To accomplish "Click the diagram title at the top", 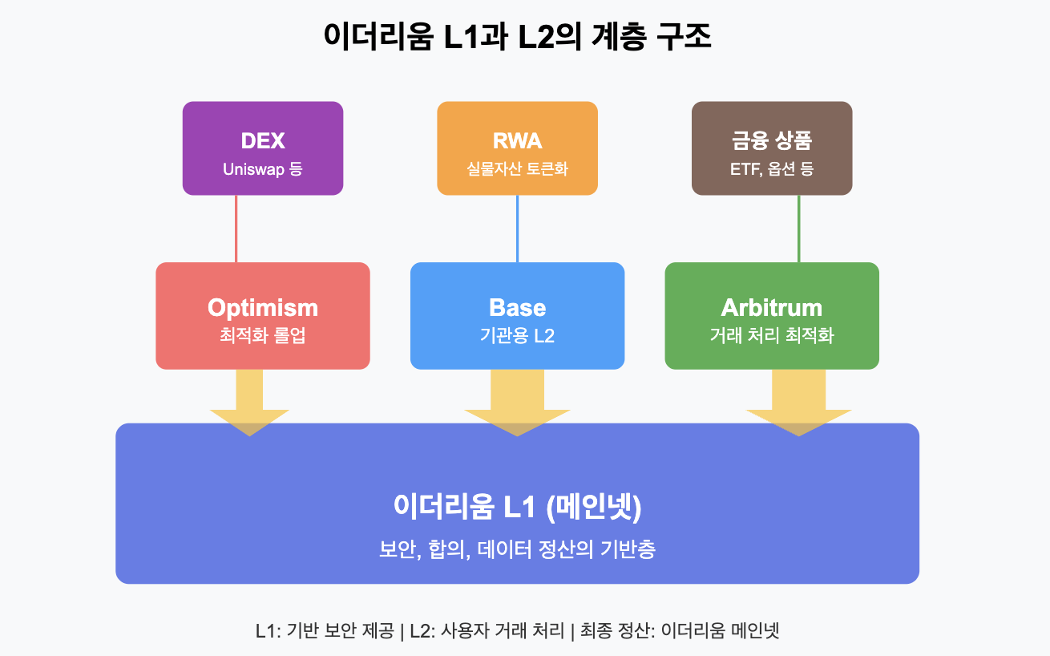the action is pos(518,36).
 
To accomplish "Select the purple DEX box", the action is pos(263,148).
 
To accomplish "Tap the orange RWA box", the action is pos(518,148).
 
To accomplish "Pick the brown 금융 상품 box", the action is pos(772,148).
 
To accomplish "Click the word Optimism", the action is pos(263,308).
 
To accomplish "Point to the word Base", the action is pos(518,308).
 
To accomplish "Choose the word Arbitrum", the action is pos(772,308).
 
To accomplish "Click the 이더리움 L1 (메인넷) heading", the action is pos(518,506).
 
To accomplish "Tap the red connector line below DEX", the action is pos(236,229).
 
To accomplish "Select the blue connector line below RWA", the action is pos(518,229).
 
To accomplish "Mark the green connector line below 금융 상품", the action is pos(799,229).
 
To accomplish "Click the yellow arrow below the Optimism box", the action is pos(249,403).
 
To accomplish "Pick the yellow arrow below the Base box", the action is pos(518,403).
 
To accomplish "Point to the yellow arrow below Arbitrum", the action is pos(799,403).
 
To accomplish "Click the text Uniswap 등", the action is pos(263,168).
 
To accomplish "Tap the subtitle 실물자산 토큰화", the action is pos(518,168).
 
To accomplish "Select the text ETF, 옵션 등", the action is pos(772,168).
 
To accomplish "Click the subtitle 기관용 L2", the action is pos(518,335).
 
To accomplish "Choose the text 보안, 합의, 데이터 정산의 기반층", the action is pos(518,549).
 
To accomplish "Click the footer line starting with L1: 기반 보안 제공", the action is pos(518,630).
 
